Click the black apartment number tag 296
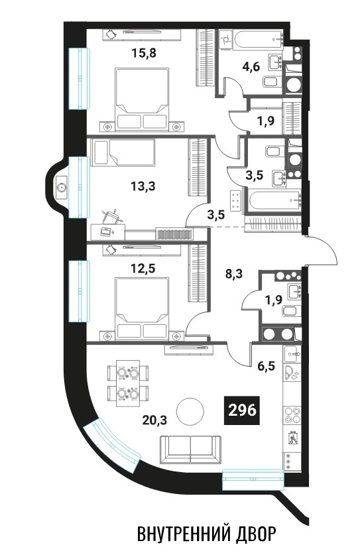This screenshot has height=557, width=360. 242,410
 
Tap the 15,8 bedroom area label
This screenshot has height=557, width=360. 144,53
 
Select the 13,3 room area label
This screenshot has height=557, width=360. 143,186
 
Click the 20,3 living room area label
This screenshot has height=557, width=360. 154,420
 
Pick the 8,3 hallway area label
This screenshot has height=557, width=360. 234,274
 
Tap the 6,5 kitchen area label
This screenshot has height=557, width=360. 267,366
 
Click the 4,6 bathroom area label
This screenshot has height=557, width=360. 252,66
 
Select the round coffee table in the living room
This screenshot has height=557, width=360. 190,411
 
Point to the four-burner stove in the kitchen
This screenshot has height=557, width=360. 292,415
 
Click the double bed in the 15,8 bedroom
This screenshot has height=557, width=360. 142,98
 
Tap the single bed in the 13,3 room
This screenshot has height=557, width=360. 123,153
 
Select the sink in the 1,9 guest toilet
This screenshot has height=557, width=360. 295,292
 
